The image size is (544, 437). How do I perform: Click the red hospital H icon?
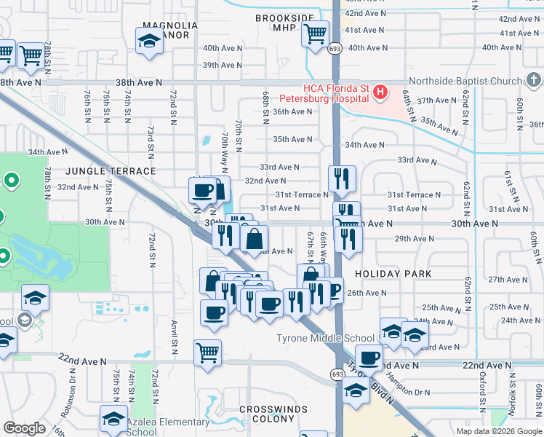click(380, 92)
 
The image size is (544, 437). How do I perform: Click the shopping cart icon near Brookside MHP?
click(315, 34)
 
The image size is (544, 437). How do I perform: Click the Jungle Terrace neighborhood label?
click(100, 171)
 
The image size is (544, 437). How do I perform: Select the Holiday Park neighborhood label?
click(393, 274)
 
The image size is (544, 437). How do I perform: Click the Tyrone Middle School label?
click(324, 338)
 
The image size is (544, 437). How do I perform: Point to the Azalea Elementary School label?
click(168, 427)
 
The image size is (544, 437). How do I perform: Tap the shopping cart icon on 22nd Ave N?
click(207, 353)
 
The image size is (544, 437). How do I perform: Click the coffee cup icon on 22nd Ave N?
click(369, 357)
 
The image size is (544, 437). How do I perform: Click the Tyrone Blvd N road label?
click(375, 382)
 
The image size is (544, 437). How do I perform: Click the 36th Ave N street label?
click(292, 111)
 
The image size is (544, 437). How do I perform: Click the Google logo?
click(25, 428)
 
